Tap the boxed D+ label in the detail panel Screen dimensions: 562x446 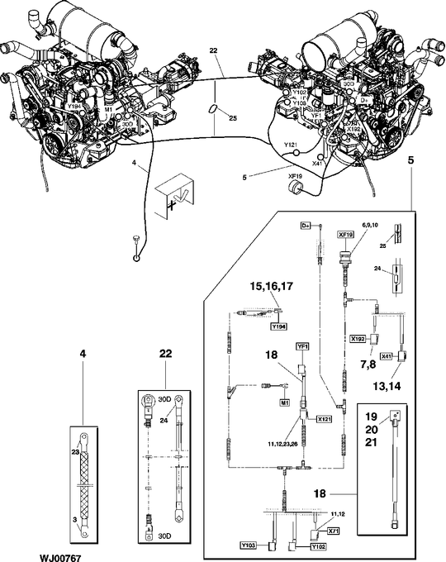tap(304, 226)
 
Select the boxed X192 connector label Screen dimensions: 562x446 tap(358, 339)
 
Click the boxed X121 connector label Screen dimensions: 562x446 tap(323, 420)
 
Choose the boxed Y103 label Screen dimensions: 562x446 tap(249, 546)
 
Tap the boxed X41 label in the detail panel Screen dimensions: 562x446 tap(387, 355)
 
